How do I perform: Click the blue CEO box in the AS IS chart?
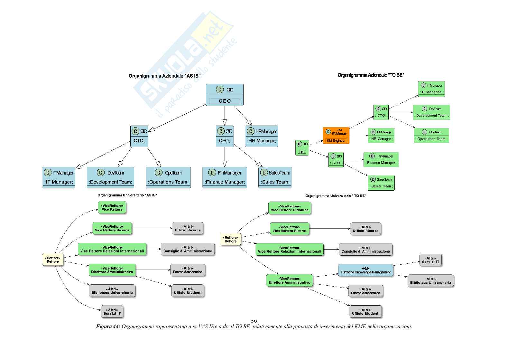[x=225, y=95]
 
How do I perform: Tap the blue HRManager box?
[x=262, y=136]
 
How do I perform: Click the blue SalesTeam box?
[x=275, y=177]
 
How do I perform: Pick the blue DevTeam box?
[x=110, y=177]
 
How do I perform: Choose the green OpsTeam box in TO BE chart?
[x=431, y=136]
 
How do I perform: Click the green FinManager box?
[x=381, y=159]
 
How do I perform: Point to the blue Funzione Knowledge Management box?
[x=365, y=270]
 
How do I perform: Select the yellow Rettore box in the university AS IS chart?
[x=53, y=260]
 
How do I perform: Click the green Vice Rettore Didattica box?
[x=290, y=208]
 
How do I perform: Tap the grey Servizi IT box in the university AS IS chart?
[x=112, y=311]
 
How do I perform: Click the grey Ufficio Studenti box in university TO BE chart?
[x=365, y=311]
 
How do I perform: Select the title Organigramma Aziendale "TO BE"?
[x=371, y=75]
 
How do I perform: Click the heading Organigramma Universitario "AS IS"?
[x=127, y=195]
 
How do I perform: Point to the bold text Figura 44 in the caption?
[x=108, y=327]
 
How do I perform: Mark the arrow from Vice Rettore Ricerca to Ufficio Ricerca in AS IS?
[x=152, y=228]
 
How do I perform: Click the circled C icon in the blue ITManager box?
[x=48, y=173]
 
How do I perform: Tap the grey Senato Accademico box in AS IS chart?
[x=187, y=270]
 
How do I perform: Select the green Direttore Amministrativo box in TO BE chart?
[x=290, y=280]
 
